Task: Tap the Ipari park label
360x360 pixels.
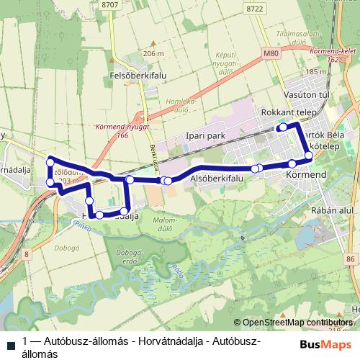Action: [x=205, y=135]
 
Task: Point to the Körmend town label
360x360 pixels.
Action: [x=307, y=175]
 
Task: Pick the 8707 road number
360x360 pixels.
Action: [x=110, y=5]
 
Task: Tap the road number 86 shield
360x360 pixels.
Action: [x=351, y=258]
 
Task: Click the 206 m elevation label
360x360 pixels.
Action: [x=154, y=54]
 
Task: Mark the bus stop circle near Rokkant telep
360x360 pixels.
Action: [x=283, y=127]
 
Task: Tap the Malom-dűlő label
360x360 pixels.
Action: [x=165, y=224]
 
